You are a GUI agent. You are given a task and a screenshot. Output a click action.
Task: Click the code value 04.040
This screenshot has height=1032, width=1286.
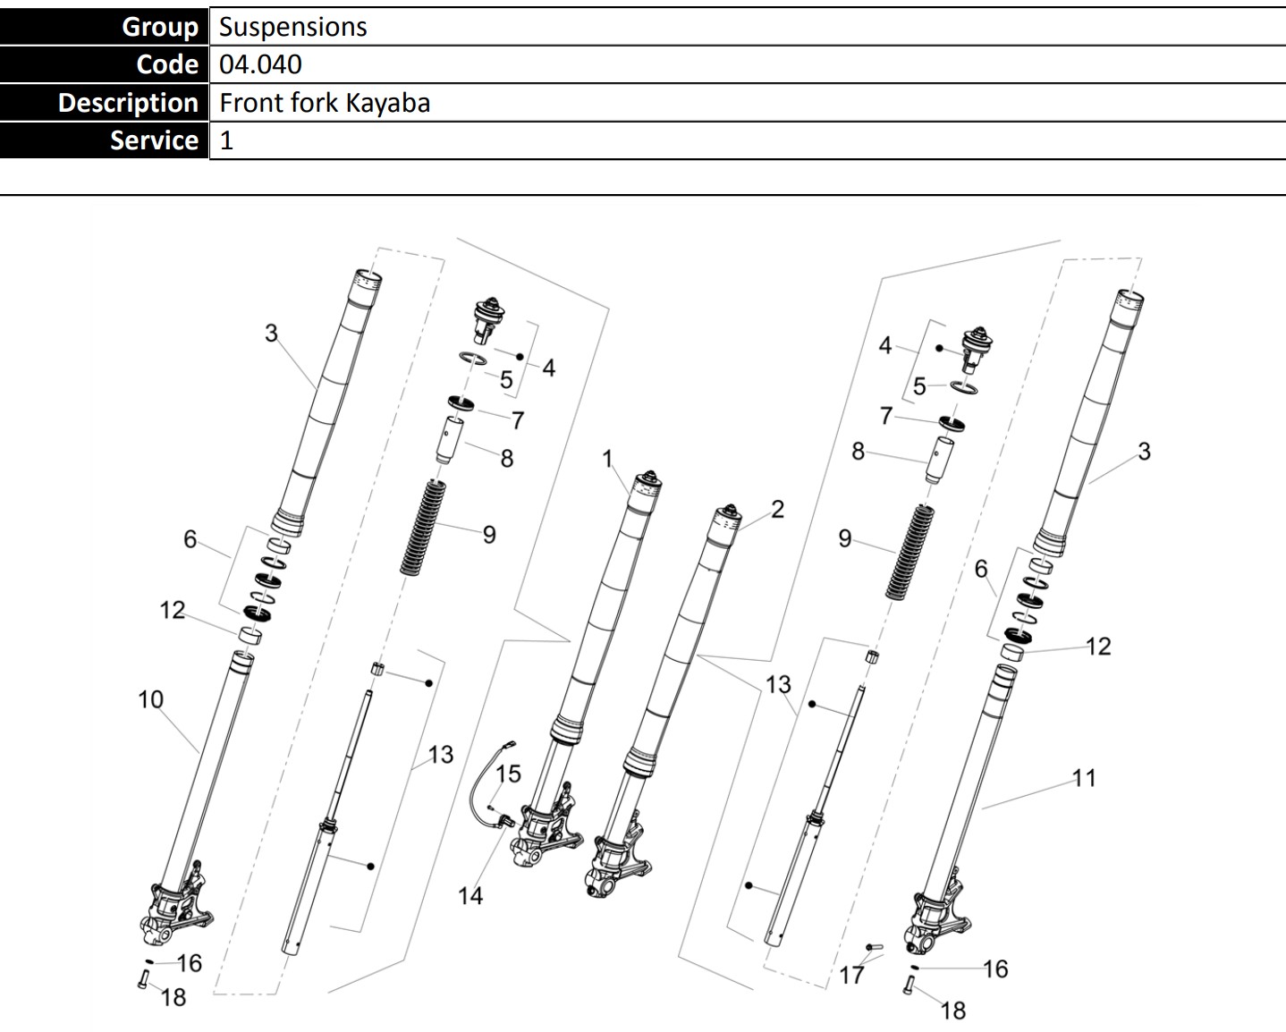[x=260, y=64]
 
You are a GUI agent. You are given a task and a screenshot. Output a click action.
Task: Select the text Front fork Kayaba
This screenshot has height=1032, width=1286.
[x=325, y=103]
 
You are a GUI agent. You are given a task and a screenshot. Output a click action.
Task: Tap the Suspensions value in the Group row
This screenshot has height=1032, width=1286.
[x=292, y=27]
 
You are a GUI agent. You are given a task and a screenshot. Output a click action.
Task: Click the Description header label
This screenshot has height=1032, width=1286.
[x=128, y=103]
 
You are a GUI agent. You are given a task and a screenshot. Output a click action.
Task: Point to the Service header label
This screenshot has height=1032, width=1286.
[x=154, y=140]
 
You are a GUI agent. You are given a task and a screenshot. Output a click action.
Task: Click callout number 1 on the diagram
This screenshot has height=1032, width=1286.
[x=607, y=460]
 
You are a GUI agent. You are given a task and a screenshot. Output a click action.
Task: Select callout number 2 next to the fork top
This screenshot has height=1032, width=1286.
[x=777, y=509]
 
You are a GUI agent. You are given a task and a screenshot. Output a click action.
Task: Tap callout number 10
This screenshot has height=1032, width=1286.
[x=150, y=699]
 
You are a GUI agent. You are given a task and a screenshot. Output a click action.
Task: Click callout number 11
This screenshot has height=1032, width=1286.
[x=1084, y=778]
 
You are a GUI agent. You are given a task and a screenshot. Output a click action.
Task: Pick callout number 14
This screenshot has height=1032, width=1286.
[x=470, y=895]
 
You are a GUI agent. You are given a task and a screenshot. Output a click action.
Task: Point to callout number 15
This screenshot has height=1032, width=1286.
[x=508, y=774]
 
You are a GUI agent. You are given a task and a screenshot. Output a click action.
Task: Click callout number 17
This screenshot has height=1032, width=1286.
[x=851, y=974]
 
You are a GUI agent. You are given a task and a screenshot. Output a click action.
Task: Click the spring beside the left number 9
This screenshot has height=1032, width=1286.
[x=424, y=529]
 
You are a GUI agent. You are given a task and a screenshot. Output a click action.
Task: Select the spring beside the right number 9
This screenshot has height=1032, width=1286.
[x=909, y=551]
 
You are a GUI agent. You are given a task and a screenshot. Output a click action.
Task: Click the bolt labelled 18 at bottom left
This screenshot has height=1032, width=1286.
[x=142, y=979]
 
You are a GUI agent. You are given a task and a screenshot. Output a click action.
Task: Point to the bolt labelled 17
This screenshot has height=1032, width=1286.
[x=874, y=946]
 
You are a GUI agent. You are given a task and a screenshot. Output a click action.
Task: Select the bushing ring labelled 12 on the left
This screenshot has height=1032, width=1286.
[x=251, y=636]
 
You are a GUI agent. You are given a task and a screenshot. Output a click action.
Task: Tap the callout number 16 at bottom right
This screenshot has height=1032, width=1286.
[x=995, y=969]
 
